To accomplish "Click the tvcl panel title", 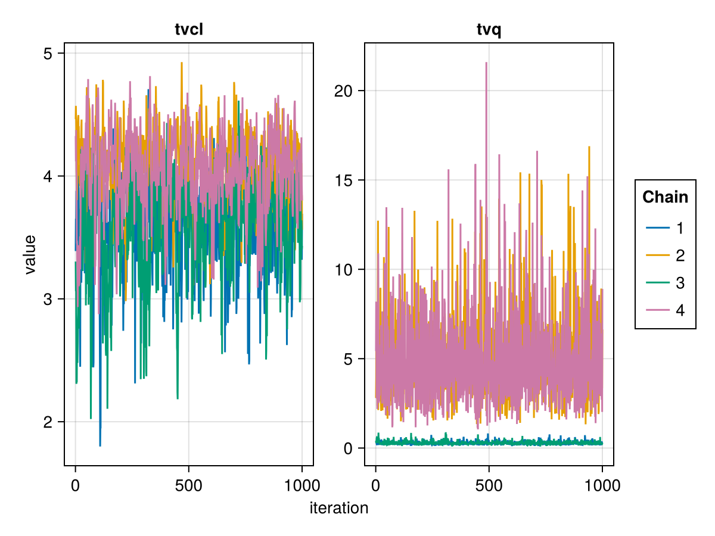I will coord(189,30).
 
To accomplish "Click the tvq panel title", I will coord(489,30).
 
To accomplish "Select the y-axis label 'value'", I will coord(30,254).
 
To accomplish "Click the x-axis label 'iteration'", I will coord(338,508).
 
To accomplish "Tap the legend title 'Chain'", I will coord(665,197).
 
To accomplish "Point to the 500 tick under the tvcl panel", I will coord(188,485).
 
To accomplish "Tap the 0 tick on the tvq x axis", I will coord(375,485).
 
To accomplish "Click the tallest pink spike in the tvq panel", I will coord(486,63).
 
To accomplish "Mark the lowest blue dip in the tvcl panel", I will coord(100,445).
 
